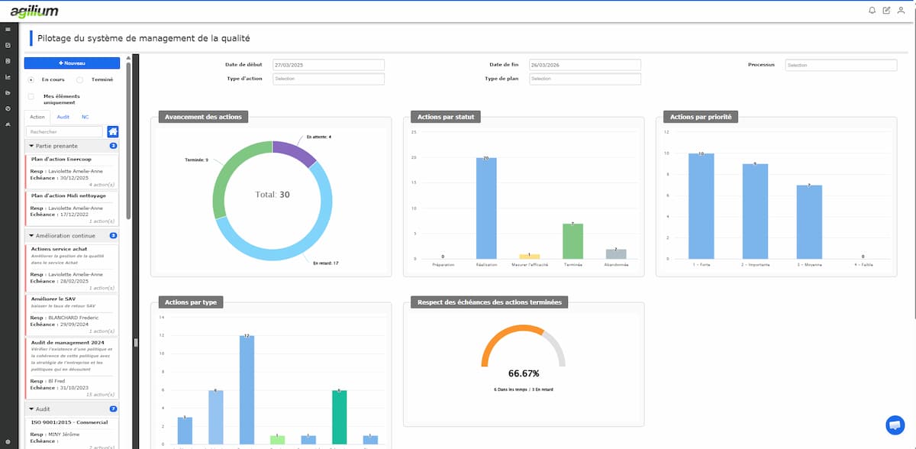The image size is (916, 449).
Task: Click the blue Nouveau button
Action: click(x=72, y=63)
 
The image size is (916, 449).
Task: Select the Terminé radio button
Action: click(x=80, y=79)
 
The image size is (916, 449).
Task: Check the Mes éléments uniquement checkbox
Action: click(x=31, y=96)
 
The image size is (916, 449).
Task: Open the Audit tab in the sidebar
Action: click(x=63, y=117)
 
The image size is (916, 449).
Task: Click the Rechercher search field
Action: click(x=64, y=131)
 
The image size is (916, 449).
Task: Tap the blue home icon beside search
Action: click(x=113, y=131)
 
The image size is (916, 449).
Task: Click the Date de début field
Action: click(x=327, y=65)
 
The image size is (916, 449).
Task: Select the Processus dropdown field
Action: click(x=840, y=65)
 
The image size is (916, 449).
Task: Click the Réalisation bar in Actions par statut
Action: click(x=486, y=208)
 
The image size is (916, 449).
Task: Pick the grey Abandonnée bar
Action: click(x=615, y=254)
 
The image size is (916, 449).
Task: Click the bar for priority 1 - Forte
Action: click(x=701, y=206)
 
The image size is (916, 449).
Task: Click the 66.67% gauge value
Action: click(x=524, y=373)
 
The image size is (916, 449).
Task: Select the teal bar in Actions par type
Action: click(x=340, y=417)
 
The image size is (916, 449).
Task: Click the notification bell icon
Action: click(x=872, y=11)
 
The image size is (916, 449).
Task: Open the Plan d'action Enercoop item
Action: click(x=67, y=159)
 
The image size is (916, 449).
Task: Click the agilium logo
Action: click(x=34, y=11)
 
